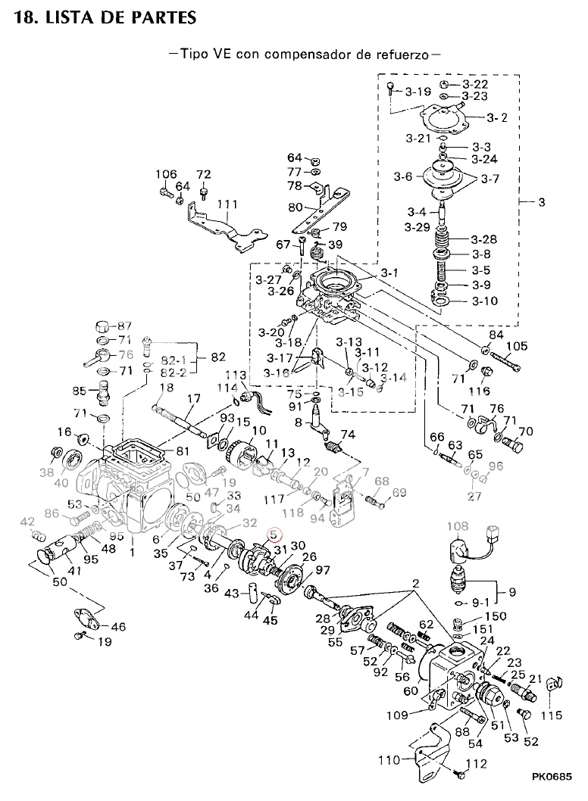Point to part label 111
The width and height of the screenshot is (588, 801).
click(x=227, y=204)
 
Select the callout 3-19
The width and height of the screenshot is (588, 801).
click(x=418, y=92)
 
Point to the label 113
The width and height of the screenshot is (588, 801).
click(x=236, y=376)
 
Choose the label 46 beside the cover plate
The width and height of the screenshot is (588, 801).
click(x=118, y=626)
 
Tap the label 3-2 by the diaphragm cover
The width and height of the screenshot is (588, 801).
click(x=497, y=117)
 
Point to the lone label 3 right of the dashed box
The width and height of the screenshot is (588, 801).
click(x=541, y=203)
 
